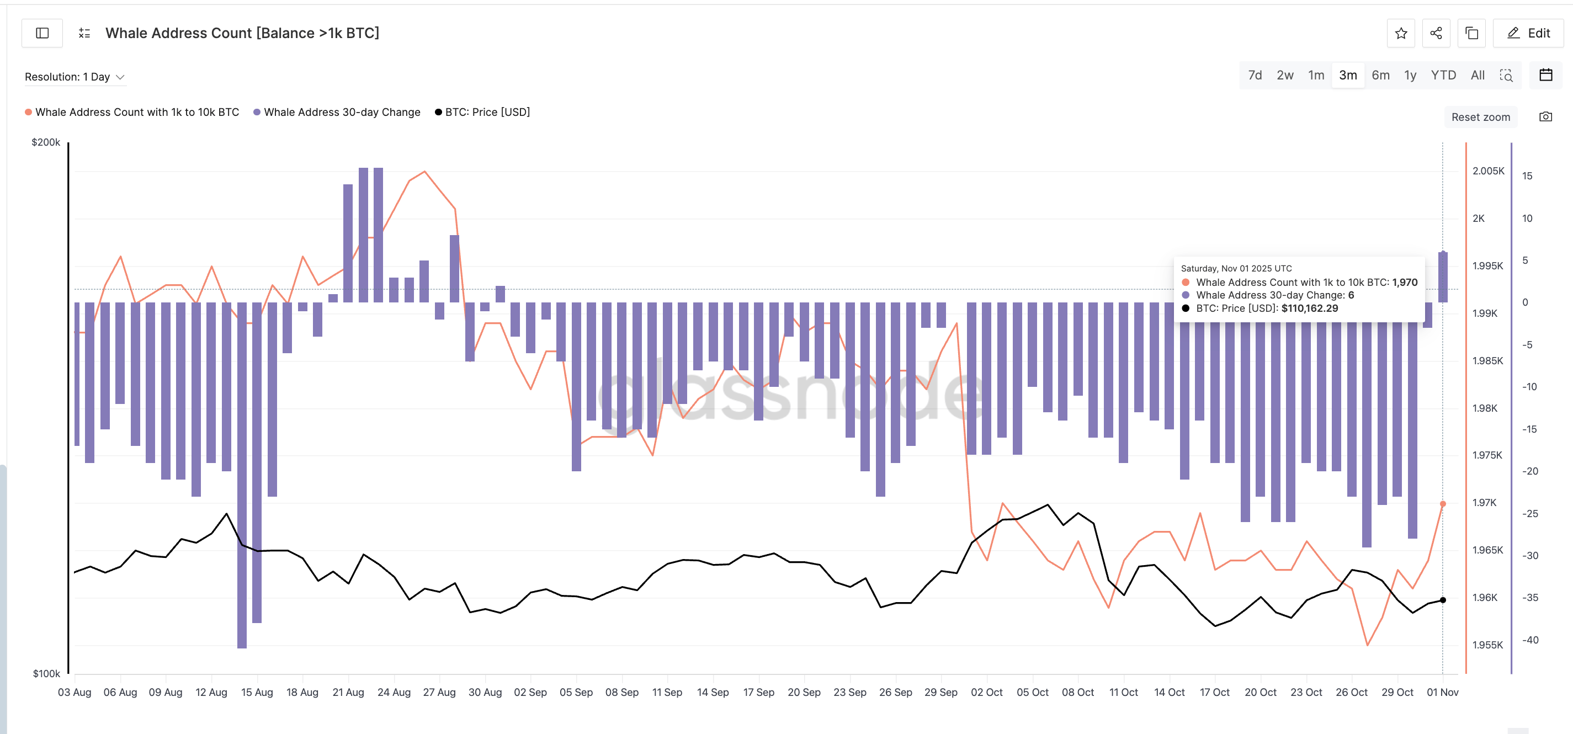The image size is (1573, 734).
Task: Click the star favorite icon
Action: coord(1401,33)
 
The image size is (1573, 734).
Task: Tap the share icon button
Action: coord(1436,33)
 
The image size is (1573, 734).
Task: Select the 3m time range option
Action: coord(1348,75)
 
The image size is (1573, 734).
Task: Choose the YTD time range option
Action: coord(1443,75)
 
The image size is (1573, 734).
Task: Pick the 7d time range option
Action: coord(1255,75)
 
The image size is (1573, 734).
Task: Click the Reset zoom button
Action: coord(1480,116)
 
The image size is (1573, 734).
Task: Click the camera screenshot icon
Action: coord(1545,116)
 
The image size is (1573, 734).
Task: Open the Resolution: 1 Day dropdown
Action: coord(75,77)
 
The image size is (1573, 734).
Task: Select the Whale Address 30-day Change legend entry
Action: coord(341,111)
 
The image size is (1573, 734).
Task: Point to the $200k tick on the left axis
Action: coord(46,142)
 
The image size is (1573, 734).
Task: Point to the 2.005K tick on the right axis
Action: coord(1487,171)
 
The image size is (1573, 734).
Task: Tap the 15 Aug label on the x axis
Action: coord(257,692)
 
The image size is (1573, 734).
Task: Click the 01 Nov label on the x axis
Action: coord(1442,692)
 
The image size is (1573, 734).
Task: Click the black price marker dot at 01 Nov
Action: coord(1443,600)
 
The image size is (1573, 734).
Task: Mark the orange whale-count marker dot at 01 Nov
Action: coord(1443,504)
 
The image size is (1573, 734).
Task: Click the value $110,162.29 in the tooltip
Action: coord(1309,309)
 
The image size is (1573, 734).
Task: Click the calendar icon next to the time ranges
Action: coord(1545,75)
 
